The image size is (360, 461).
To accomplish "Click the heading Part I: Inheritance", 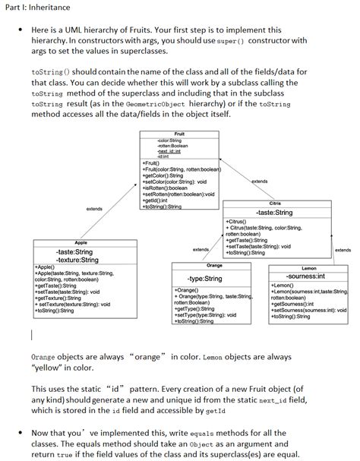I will (39, 7).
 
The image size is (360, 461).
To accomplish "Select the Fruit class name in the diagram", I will (179, 134).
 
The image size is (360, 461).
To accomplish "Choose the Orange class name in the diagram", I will (214, 265).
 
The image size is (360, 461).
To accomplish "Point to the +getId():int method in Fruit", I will (158, 200).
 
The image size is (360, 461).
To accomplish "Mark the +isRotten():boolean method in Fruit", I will (166, 187).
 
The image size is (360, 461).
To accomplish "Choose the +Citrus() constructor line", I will (238, 221).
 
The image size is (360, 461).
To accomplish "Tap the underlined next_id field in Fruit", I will (169, 151).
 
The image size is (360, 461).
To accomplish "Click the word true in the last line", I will (71, 455).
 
